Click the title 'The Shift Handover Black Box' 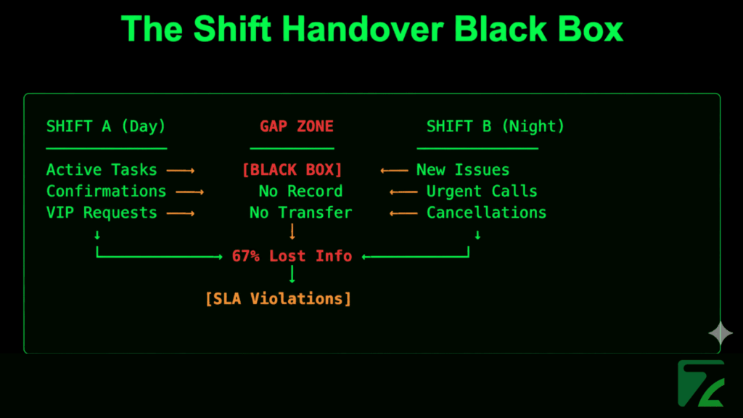click(x=371, y=30)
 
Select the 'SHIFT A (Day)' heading click(x=106, y=126)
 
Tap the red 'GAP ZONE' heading click(x=296, y=126)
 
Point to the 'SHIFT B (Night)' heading click(x=495, y=126)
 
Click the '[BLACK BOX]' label click(x=292, y=170)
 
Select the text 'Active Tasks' click(x=102, y=170)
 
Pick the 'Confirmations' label click(x=106, y=192)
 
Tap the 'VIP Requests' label click(x=102, y=213)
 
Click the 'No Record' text click(x=300, y=192)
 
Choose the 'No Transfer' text click(x=300, y=213)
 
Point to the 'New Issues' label click(x=463, y=170)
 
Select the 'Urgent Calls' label click(x=482, y=192)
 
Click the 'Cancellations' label click(x=486, y=213)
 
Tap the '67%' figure click(x=246, y=256)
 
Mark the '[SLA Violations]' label click(x=278, y=298)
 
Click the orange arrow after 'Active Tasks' click(x=181, y=171)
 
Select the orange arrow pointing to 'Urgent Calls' click(x=403, y=192)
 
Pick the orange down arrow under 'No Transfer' click(x=292, y=232)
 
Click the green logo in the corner click(x=700, y=382)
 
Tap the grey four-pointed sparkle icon click(x=721, y=333)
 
